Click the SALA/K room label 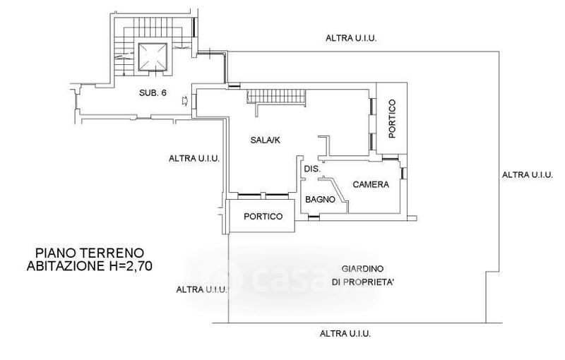[266, 140]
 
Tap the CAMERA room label [371, 185]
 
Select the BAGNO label [321, 200]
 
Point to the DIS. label [312, 169]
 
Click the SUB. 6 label [153, 93]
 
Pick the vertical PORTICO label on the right [392, 119]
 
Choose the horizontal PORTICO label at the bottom [263, 217]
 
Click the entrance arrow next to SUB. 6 [185, 101]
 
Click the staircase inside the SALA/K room [277, 97]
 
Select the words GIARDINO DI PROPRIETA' [362, 275]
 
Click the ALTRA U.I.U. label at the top [351, 38]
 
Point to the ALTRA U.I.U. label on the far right [527, 175]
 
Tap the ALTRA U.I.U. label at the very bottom [345, 334]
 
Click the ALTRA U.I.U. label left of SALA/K [194, 158]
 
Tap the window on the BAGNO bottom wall [314, 217]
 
